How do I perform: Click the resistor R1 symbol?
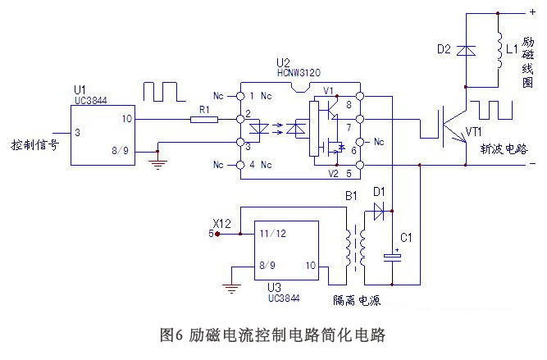click(203, 120)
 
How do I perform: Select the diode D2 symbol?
click(466, 51)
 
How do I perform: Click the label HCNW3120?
click(292, 73)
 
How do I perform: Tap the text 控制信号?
click(35, 145)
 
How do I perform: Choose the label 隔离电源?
click(357, 300)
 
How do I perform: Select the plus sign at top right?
click(531, 12)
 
